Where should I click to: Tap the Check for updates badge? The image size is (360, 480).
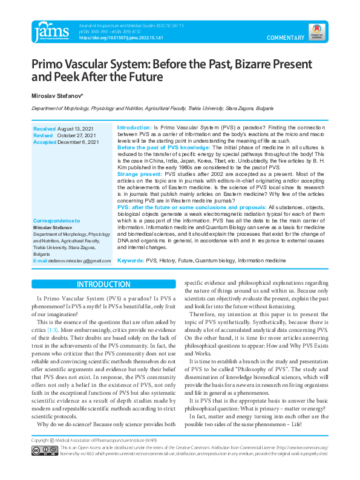pos(315,31)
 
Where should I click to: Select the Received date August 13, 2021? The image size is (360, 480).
pos(76,129)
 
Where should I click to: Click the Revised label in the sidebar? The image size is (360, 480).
pos(43,136)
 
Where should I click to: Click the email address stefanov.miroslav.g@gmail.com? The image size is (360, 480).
pos(80,261)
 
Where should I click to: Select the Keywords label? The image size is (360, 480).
pos(130,261)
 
